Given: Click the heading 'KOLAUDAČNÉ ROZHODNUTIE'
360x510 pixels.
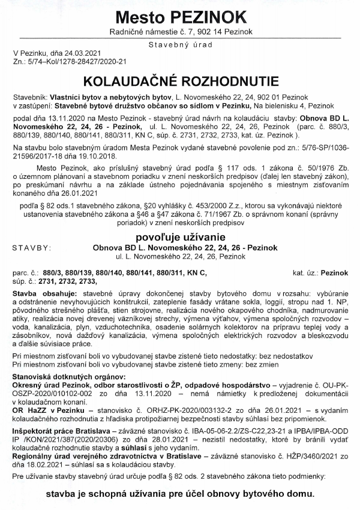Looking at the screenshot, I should [180, 80].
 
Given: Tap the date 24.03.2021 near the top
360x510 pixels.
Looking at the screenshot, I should [71, 53].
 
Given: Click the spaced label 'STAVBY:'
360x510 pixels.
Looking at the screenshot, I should [32, 247].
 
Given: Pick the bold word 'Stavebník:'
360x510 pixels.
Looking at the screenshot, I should [30, 96].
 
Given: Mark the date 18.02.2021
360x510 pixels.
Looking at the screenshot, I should [33, 465].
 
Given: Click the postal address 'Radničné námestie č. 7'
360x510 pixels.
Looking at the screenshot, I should [148, 31].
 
